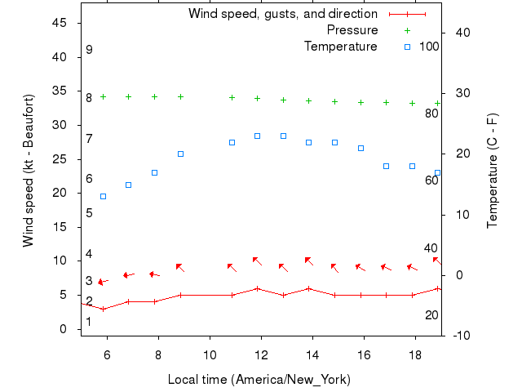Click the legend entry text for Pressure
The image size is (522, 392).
click(x=352, y=30)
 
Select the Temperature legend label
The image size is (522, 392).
click(x=341, y=47)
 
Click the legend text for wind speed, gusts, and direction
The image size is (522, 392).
click(x=283, y=14)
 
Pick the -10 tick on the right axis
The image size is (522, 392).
click(x=459, y=336)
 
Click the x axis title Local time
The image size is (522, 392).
click(x=259, y=379)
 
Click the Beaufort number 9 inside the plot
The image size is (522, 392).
click(x=89, y=50)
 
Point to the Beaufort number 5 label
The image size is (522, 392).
click(x=89, y=213)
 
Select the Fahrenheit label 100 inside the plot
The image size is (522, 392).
click(x=429, y=47)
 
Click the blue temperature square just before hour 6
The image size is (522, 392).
click(x=103, y=196)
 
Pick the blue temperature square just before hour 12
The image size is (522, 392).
click(x=257, y=136)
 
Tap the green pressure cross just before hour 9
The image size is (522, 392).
click(x=180, y=96)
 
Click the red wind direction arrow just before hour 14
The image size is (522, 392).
click(x=308, y=261)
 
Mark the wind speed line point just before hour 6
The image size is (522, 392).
click(x=103, y=309)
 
